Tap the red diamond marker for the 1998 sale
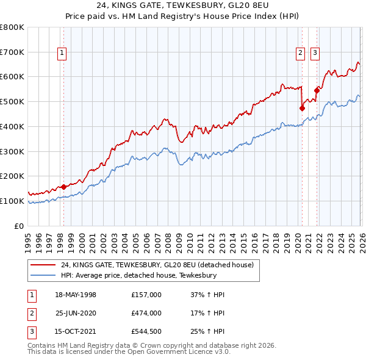pos(63,187)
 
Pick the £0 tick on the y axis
pos(20,226)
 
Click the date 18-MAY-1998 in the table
pos(76,295)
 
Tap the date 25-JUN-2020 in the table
pos(76,313)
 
